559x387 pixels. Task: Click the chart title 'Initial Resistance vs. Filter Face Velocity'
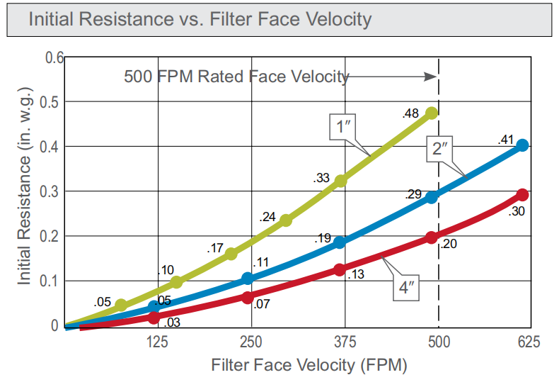click(200, 18)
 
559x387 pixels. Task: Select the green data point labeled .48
click(432, 113)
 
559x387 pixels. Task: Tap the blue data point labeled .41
click(522, 145)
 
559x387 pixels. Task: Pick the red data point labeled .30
click(522, 195)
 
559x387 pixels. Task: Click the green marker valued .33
click(340, 181)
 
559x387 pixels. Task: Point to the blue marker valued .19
click(340, 242)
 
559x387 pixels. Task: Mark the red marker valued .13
click(340, 269)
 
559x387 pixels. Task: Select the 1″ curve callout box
click(344, 127)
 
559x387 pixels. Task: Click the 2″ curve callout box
click(440, 150)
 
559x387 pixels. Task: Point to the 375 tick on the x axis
click(345, 342)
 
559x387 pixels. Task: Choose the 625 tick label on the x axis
click(528, 342)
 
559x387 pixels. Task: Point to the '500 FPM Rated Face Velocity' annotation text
click(236, 76)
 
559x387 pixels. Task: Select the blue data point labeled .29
click(432, 197)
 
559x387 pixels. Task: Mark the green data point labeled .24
click(286, 220)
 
